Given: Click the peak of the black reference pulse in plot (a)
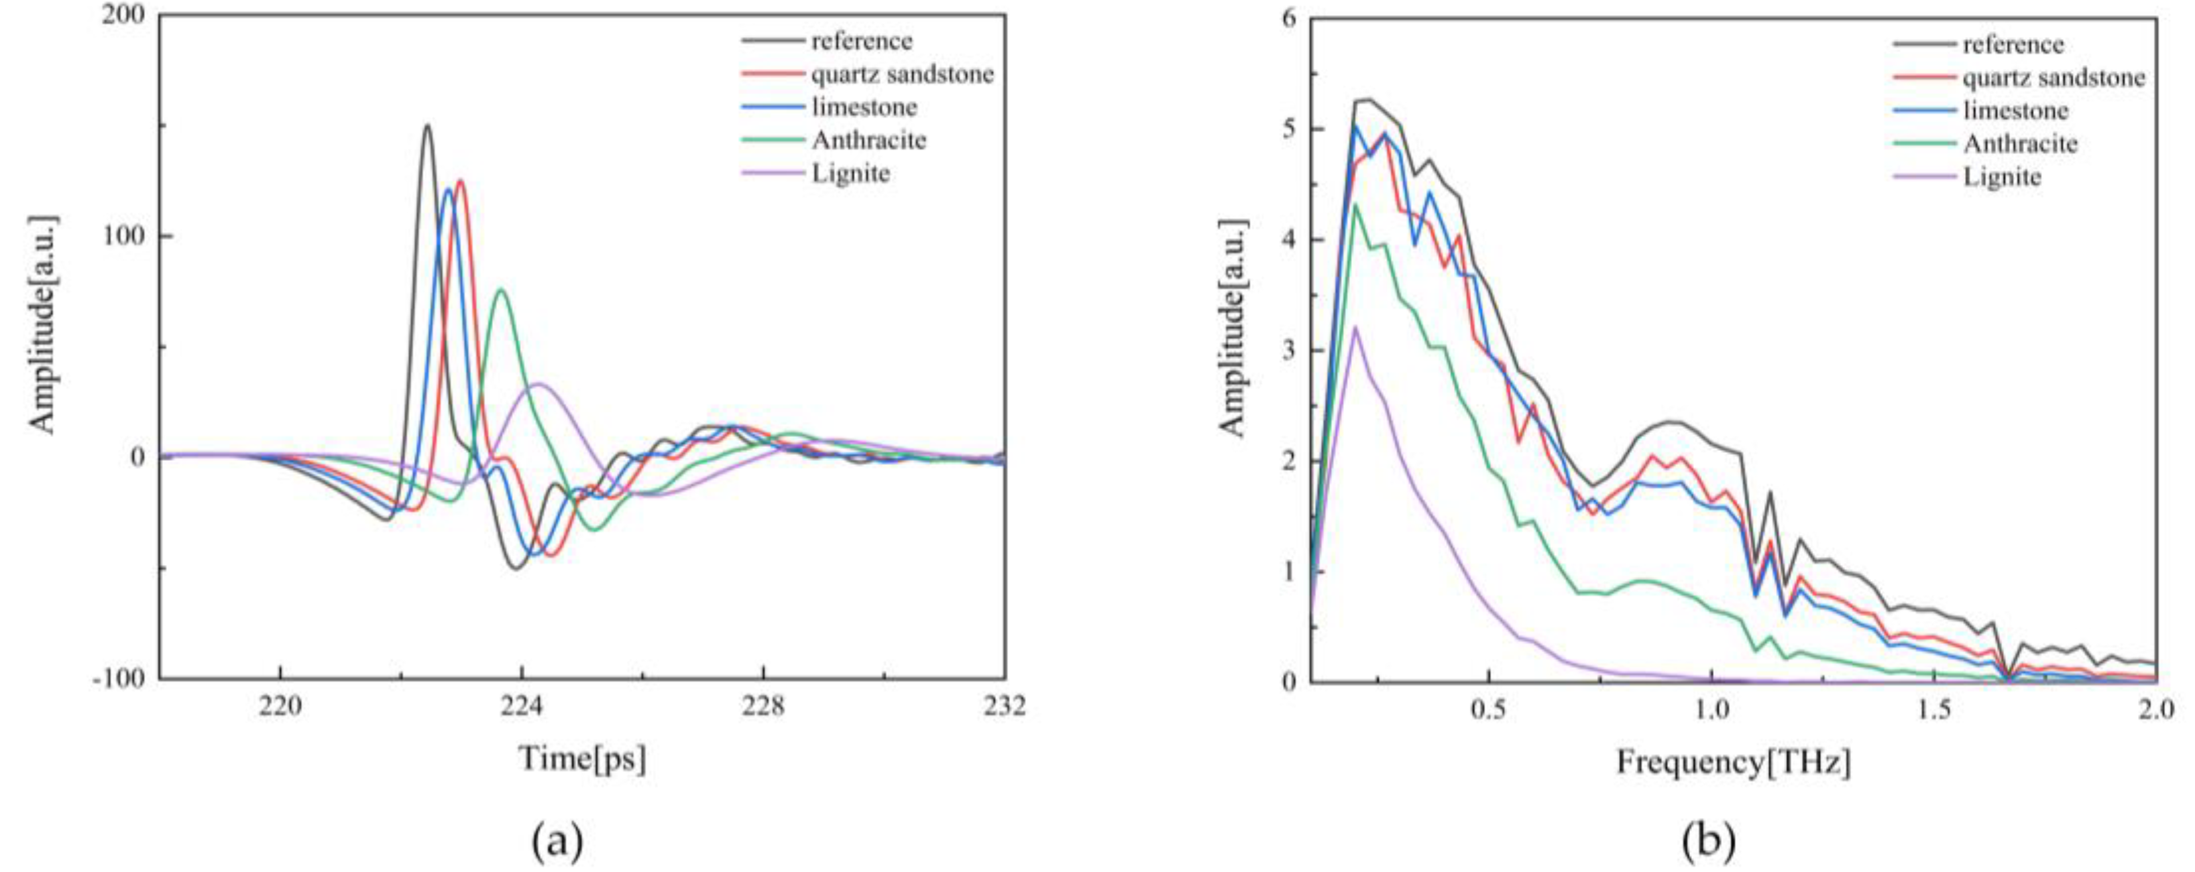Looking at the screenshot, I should click(x=427, y=125).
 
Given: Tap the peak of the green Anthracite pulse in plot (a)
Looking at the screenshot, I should click(x=501, y=290).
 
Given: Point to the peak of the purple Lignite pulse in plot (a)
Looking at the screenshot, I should click(x=539, y=383).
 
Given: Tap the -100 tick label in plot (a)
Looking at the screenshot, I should click(x=122, y=679).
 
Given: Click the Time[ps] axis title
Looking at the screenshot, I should click(x=583, y=757).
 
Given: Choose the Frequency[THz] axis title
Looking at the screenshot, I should click(x=1734, y=761).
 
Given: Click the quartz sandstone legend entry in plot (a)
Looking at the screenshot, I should click(x=901, y=74).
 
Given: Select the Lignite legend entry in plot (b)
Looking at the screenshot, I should click(x=2002, y=177).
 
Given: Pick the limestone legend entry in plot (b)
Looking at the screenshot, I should click(x=2015, y=111).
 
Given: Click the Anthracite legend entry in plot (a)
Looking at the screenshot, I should click(x=868, y=140).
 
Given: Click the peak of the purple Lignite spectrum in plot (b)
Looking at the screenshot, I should click(x=1355, y=328).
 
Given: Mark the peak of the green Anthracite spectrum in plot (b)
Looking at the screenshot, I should click(x=1355, y=205).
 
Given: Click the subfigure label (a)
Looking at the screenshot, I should click(x=558, y=842).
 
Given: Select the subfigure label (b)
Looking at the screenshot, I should click(x=1709, y=842).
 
